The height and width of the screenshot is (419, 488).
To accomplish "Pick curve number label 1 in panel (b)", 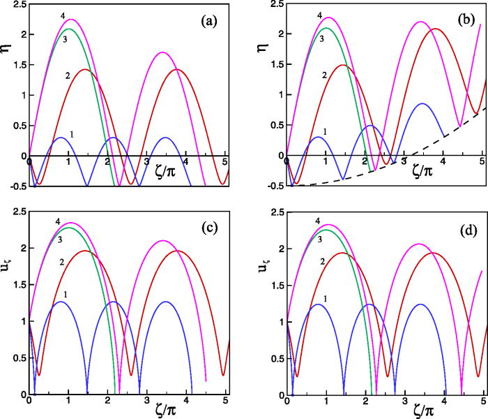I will pyautogui.click(x=307, y=131).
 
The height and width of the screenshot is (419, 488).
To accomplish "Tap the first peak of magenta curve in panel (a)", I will pyautogui.click(x=70, y=20).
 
